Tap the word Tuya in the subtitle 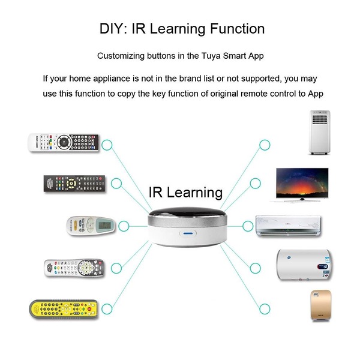211,56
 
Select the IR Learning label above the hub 185,193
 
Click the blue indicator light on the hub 188,233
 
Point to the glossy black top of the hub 187,213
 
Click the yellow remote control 64,309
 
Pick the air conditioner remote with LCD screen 91,226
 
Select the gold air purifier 321,305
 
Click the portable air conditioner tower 319,132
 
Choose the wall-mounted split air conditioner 289,226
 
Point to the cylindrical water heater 305,265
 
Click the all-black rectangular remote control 74,184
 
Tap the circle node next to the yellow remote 107,309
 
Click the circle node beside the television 256,184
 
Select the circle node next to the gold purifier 265,309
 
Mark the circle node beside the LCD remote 124,226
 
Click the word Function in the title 238,29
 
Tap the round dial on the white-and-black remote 63,142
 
